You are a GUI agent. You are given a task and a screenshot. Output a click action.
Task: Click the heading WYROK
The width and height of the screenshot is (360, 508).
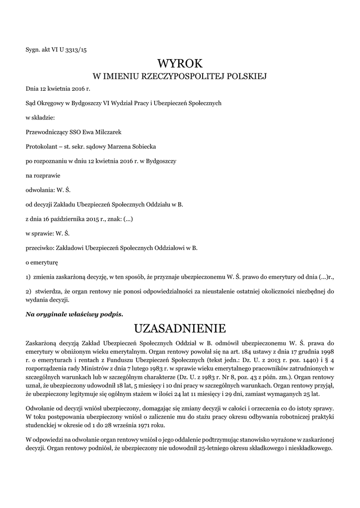click(x=180, y=63)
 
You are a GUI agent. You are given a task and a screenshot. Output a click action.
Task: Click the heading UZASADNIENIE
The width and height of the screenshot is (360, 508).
click(x=180, y=328)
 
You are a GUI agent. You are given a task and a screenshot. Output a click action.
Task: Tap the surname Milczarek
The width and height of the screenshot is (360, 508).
click(x=106, y=132)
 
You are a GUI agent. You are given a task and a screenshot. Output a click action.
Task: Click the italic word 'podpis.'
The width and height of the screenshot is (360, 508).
click(x=111, y=315)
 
